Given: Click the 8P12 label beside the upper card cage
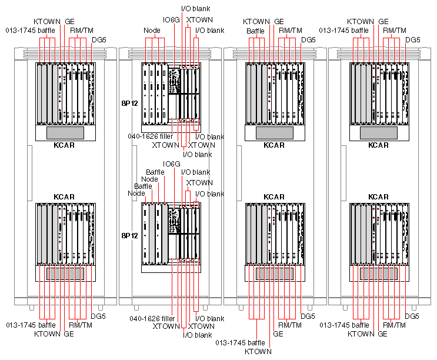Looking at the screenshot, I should point(129,102).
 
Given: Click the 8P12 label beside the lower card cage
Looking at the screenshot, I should point(129,235).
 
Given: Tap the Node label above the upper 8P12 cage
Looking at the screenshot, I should point(152,30).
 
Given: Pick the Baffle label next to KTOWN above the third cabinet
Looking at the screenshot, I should point(255,30).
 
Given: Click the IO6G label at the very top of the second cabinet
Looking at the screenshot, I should point(171,19).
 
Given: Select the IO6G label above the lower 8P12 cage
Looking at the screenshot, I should point(171,164).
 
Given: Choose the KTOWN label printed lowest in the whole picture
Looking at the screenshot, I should point(258,351).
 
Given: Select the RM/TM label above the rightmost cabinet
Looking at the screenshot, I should point(392,30).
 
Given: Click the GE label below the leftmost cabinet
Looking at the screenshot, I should point(68,334).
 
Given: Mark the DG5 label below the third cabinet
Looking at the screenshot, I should point(308,316).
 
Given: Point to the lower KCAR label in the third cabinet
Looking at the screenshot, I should point(273,196).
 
